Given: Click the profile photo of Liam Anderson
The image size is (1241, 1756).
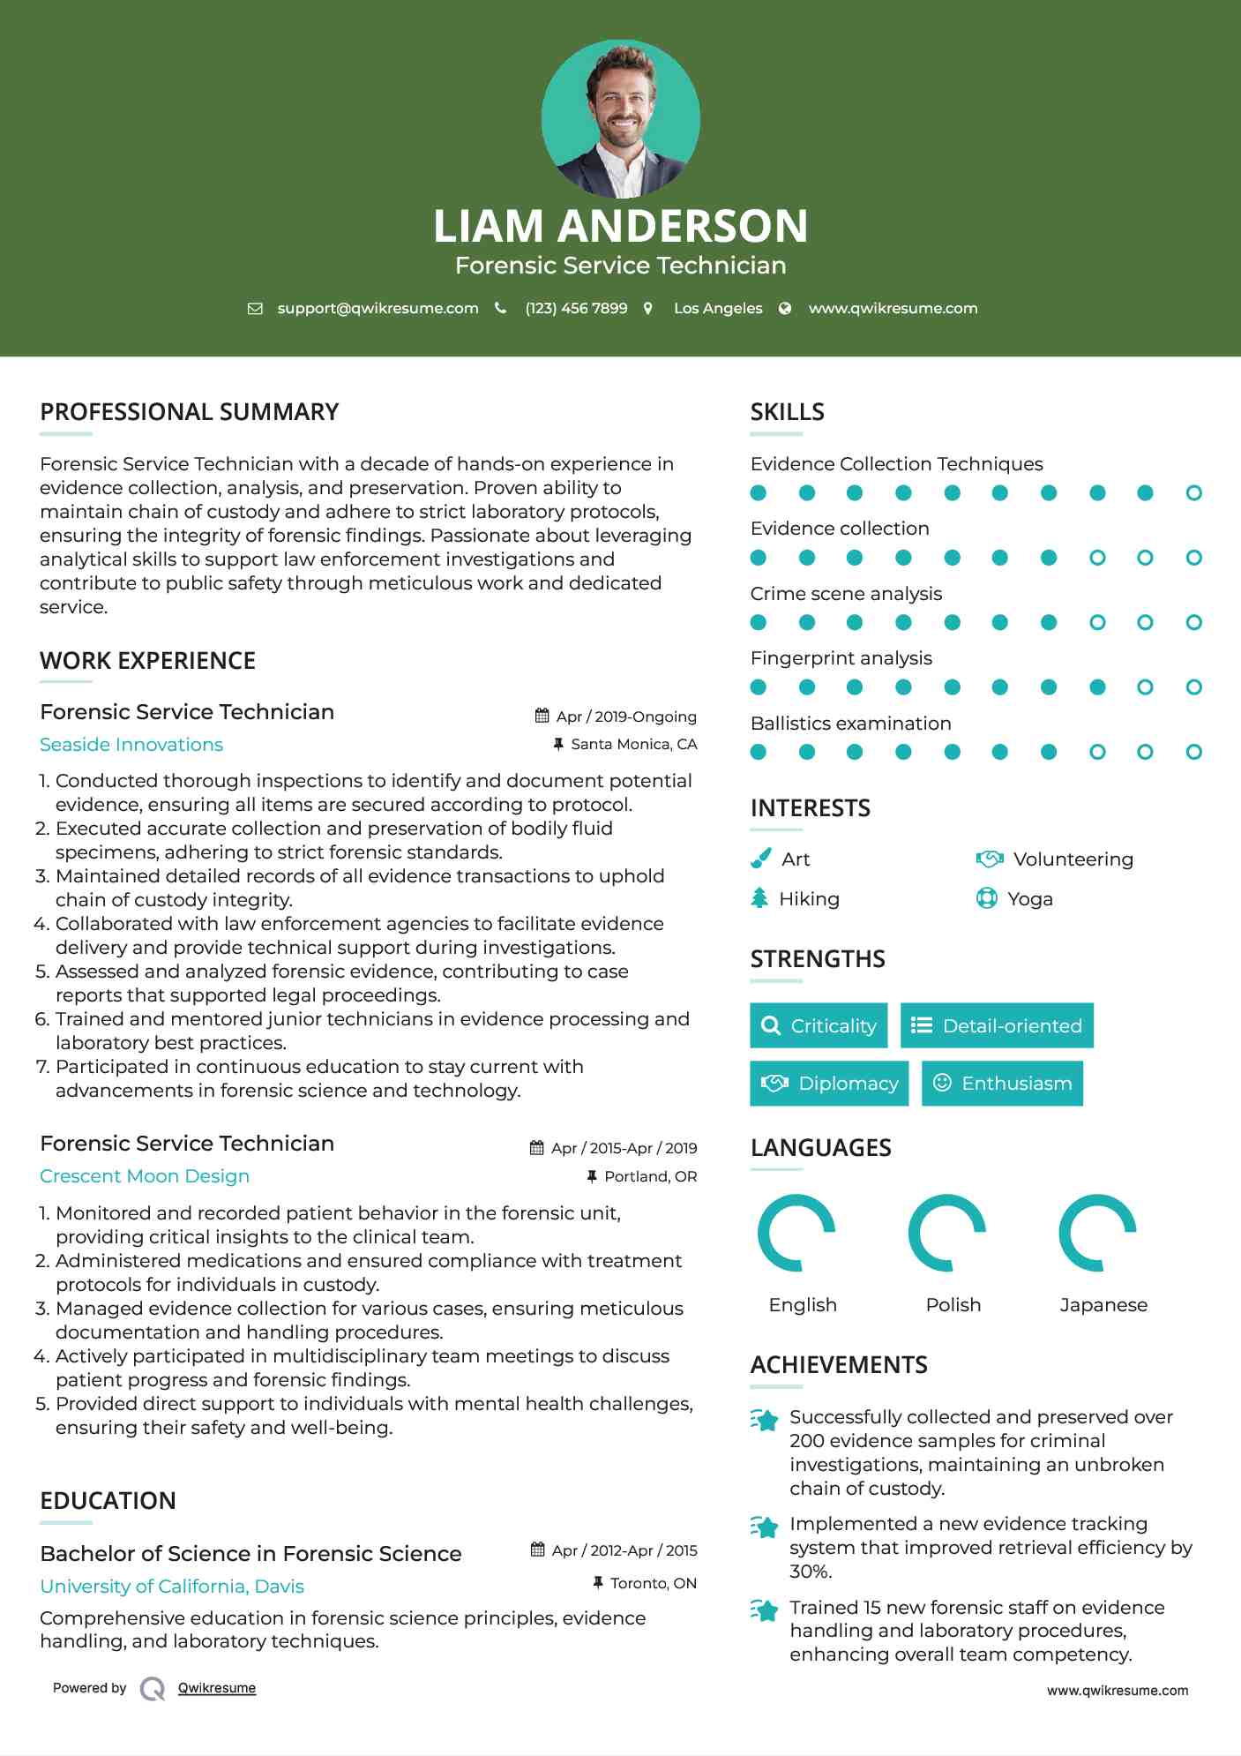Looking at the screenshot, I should point(620,119).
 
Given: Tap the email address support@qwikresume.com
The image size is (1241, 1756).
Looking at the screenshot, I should point(378,308).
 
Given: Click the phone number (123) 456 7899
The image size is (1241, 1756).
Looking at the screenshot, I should point(576,308).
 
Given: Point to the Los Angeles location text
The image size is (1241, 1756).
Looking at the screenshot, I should point(718,308).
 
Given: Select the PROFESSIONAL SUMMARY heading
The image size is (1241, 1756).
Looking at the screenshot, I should point(190,412).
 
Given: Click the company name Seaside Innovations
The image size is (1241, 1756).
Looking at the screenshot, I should point(131,745).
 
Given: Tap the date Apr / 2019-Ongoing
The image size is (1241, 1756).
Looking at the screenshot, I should point(625,717).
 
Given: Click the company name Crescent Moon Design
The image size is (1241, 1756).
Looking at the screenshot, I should point(145,1176).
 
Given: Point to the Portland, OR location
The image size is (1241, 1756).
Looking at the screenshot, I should point(650,1176).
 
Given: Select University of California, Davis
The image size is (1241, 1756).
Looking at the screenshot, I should point(172,1587).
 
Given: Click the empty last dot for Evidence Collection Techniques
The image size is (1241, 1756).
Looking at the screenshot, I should point(1193,493).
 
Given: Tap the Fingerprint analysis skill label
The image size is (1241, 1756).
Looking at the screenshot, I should point(841,658).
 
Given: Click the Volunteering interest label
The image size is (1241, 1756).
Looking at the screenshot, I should point(1073,859).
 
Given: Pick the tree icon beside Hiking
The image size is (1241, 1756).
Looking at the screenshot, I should point(759,898).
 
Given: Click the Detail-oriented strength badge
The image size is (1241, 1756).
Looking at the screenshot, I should point(997,1025).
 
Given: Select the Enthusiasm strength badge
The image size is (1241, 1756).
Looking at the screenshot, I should point(1002,1083).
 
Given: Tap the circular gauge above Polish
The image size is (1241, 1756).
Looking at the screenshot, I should point(947,1233).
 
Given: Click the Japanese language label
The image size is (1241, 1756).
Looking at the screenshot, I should point(1103,1305).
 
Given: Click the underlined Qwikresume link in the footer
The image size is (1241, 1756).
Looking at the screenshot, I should point(217,1688).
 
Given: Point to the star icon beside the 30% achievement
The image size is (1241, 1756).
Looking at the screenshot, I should point(764,1527).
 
